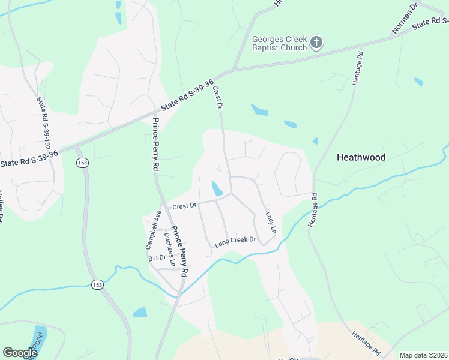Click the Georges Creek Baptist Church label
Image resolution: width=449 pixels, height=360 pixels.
pos(279,43)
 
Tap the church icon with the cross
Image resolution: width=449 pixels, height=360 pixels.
pos(317,43)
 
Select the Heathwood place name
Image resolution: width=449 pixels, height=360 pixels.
pos(361,157)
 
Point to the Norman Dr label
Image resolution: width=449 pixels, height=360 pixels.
pos(405,19)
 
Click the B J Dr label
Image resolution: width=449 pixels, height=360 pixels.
pos(157,258)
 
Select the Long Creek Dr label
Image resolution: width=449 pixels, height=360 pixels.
pos(235,240)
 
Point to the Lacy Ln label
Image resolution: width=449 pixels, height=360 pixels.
pos(271,223)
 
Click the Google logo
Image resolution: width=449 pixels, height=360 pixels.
pos(20,353)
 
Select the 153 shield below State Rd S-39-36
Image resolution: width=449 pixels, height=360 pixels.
pos(82,163)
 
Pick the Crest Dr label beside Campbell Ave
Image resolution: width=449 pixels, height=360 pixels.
pos(184,206)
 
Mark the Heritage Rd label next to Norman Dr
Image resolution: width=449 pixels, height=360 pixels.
pos(358,68)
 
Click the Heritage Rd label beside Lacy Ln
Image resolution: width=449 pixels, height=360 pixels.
pos(313,209)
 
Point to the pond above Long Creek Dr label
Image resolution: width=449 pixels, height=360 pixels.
pos(217,188)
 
